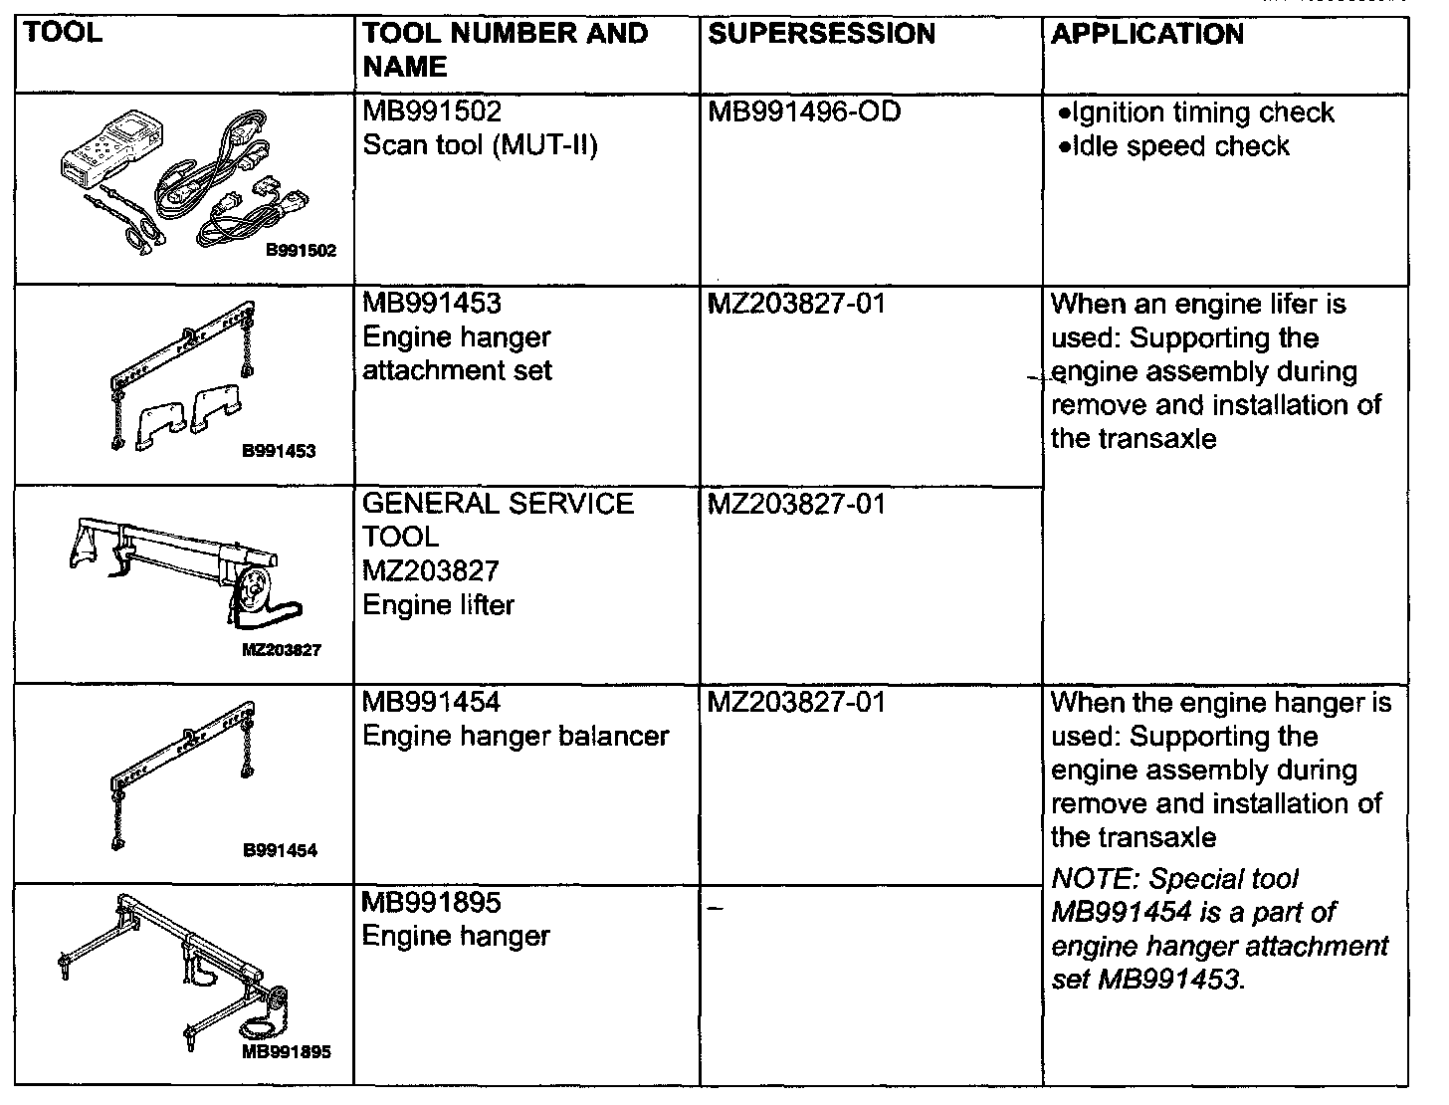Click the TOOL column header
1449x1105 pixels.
click(x=62, y=34)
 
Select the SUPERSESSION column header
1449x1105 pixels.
click(x=821, y=34)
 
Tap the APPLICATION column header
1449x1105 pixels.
click(x=1146, y=34)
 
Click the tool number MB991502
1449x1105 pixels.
click(x=432, y=111)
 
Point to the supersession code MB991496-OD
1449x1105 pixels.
click(x=804, y=111)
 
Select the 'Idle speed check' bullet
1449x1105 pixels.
click(x=1174, y=146)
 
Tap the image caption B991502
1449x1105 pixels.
click(x=301, y=251)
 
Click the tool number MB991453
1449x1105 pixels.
click(x=432, y=303)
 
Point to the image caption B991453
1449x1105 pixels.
click(x=279, y=451)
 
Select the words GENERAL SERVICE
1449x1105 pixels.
click(x=498, y=503)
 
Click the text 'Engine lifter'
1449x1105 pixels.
click(x=438, y=604)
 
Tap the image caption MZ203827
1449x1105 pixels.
click(x=282, y=650)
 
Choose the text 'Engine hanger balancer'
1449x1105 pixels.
click(x=516, y=736)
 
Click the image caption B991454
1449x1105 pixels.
click(x=280, y=850)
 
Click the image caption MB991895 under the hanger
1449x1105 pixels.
click(x=287, y=1051)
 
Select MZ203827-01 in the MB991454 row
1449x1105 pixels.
click(x=796, y=703)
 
